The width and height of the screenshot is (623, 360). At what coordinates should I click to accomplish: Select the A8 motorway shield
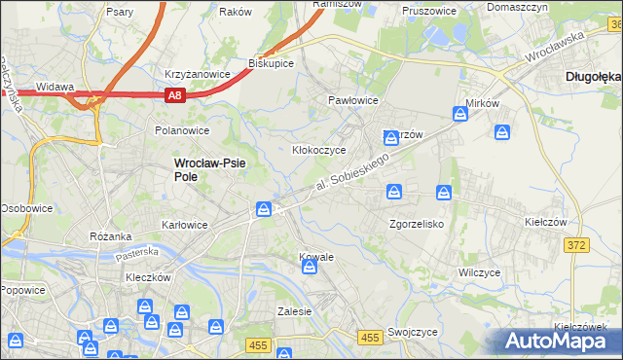173,94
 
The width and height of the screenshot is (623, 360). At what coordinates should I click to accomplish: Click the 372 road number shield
576,245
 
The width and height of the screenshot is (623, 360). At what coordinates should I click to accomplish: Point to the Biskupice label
272,62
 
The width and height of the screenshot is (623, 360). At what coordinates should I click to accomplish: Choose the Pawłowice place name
352,100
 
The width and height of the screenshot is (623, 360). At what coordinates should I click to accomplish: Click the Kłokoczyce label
320,151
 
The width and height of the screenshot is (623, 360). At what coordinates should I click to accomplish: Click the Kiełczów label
545,223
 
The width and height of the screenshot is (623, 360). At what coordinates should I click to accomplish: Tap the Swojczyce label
411,332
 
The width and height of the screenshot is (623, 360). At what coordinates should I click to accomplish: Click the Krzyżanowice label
197,74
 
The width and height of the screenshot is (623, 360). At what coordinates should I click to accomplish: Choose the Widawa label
55,87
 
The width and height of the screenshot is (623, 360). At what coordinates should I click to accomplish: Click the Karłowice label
184,225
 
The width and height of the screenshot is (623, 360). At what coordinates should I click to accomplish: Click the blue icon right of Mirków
503,131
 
